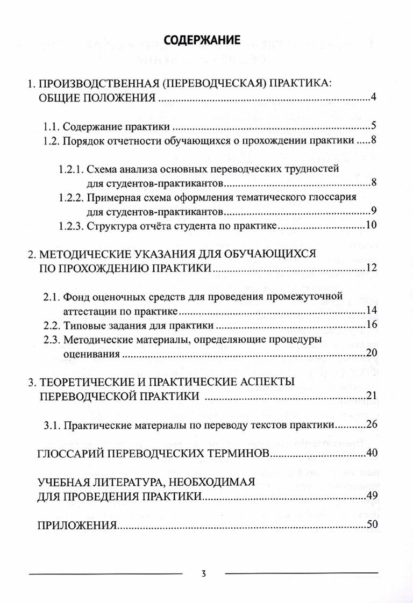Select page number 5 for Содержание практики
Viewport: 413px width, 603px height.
(x=373, y=127)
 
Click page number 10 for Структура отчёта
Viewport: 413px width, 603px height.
(x=370, y=225)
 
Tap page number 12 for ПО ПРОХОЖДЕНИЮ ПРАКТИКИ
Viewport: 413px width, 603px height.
(x=370, y=268)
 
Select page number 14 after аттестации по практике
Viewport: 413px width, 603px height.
(x=370, y=311)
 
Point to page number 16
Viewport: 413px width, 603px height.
(x=370, y=326)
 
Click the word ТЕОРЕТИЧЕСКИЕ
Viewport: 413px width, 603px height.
(x=80, y=383)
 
